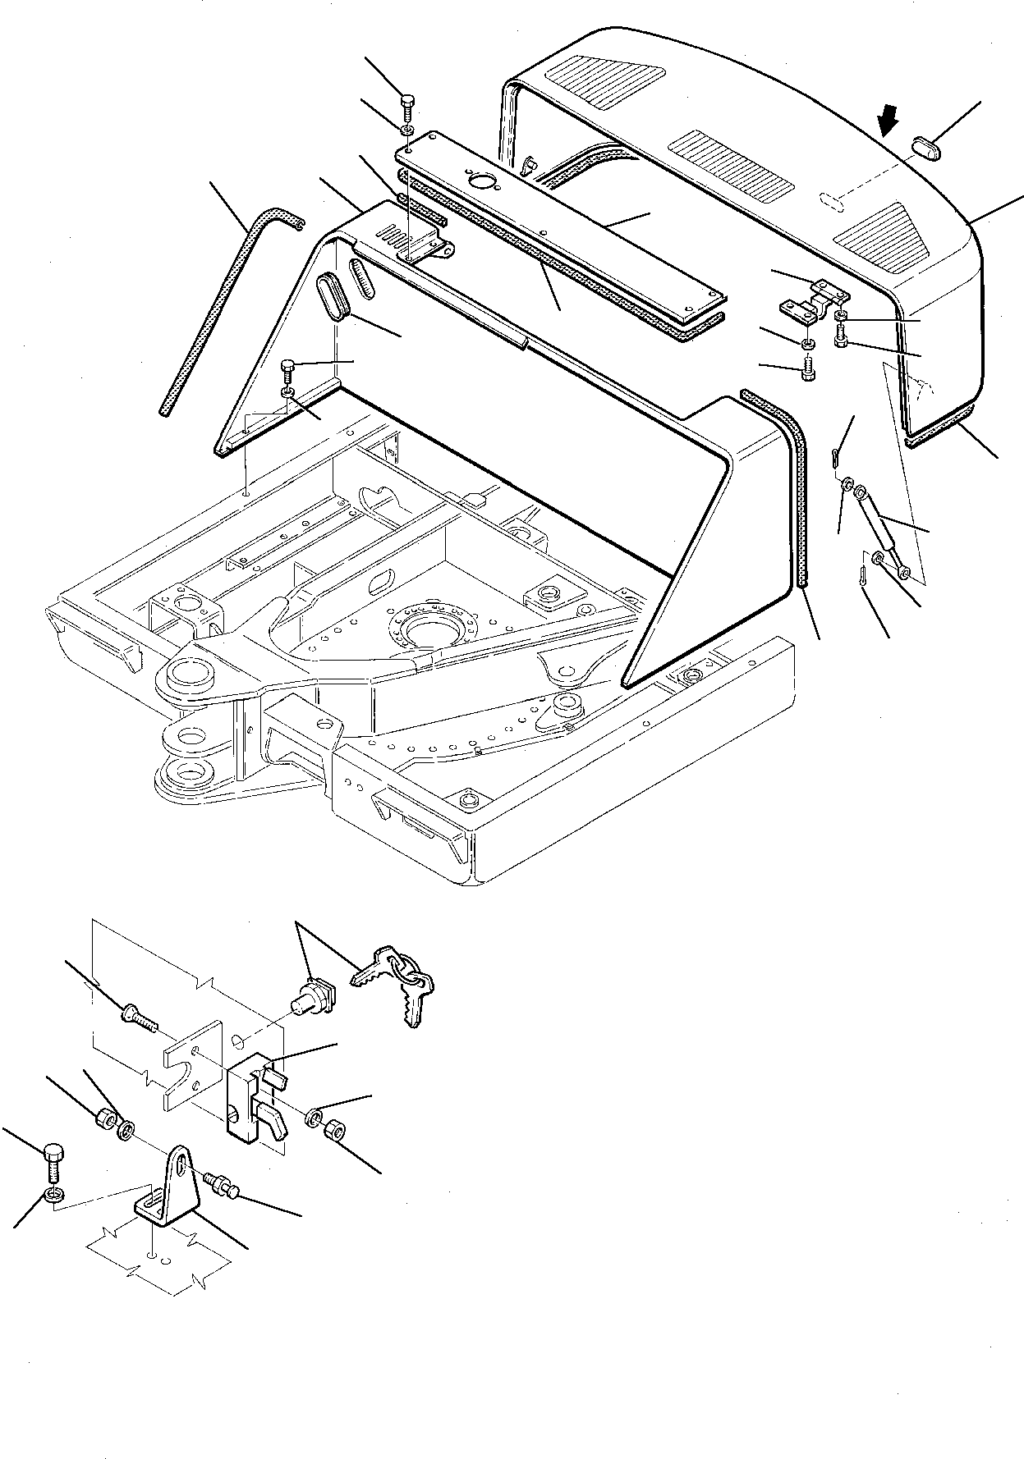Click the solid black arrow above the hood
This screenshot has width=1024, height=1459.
coord(889,126)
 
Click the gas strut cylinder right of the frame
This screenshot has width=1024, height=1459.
coord(883,535)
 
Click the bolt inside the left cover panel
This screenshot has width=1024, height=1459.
coord(287,368)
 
